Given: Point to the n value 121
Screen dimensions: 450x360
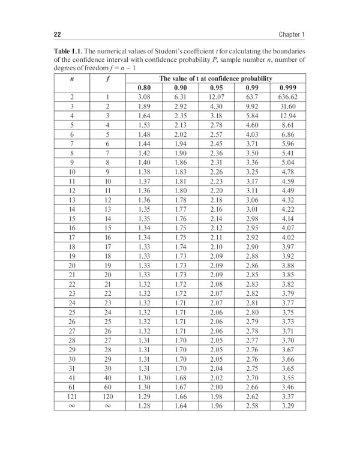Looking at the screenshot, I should click(x=71, y=397).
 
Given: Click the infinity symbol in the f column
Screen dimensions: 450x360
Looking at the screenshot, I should click(x=107, y=406).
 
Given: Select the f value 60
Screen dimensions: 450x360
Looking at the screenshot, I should click(x=107, y=388).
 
